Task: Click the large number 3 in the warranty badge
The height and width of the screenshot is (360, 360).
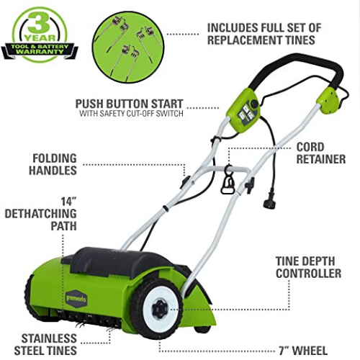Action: pyautogui.click(x=39, y=23)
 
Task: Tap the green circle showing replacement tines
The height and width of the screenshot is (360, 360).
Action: pyautogui.click(x=128, y=47)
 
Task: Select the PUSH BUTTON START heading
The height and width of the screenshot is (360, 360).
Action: pyautogui.click(x=130, y=104)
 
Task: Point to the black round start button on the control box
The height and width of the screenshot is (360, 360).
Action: pyautogui.click(x=254, y=104)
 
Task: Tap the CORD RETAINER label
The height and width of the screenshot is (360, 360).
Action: pyautogui.click(x=321, y=153)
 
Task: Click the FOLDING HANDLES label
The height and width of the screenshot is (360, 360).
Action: pyautogui.click(x=53, y=164)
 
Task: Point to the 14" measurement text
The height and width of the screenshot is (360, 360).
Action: pyautogui.click(x=68, y=202)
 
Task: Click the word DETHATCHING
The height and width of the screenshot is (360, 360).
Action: pyautogui.click(x=40, y=214)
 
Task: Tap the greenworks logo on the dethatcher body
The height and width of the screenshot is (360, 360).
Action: pyautogui.click(x=76, y=299)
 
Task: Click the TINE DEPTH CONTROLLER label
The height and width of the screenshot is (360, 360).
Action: pyautogui.click(x=308, y=267)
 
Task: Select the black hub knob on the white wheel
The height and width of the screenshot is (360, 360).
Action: pyautogui.click(x=160, y=309)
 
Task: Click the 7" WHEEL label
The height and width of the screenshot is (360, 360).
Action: pyautogui.click(x=303, y=351)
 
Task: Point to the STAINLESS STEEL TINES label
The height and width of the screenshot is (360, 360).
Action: pyautogui.click(x=45, y=345)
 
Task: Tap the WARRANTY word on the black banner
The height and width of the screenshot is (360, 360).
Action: pyautogui.click(x=40, y=51)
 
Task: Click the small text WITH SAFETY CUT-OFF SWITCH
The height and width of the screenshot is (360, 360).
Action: pyautogui.click(x=131, y=114)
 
